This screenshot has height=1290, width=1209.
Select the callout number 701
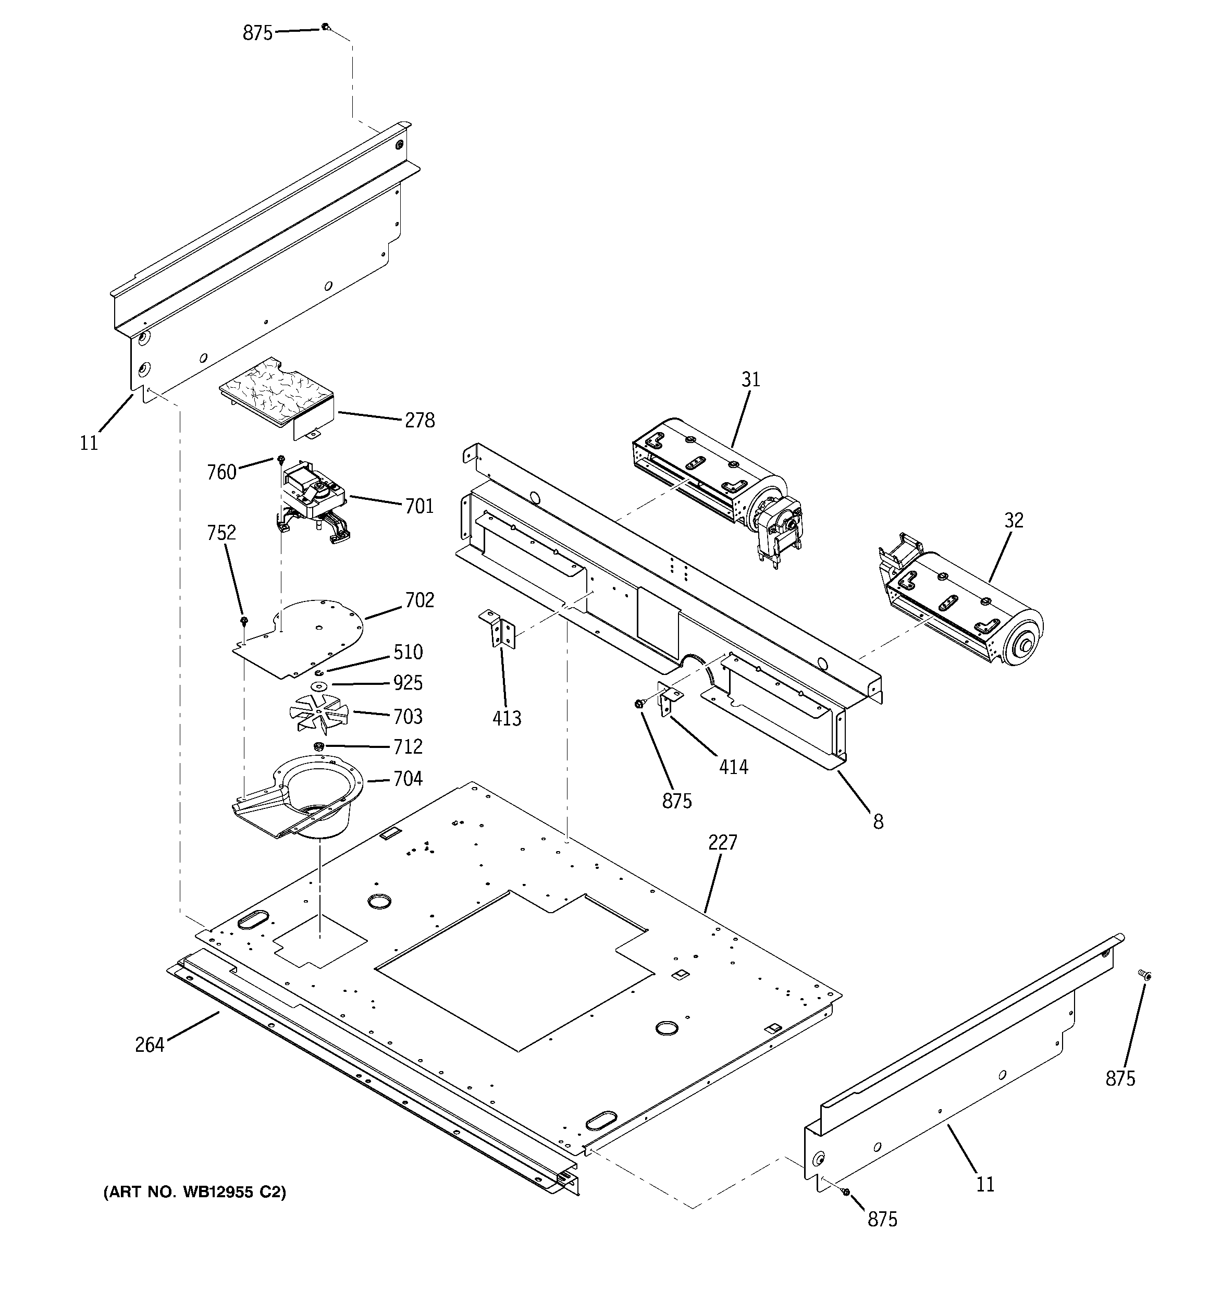tap(419, 506)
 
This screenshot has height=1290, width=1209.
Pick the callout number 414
tap(733, 767)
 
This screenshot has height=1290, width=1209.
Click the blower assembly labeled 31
tap(714, 480)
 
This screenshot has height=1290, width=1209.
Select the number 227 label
tap(722, 842)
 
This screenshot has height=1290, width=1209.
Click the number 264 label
tap(149, 1045)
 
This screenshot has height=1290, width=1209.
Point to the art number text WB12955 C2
tap(195, 1192)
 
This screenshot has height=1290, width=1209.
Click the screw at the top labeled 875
tap(326, 27)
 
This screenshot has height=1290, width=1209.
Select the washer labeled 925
tap(318, 686)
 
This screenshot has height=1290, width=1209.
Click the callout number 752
tap(221, 533)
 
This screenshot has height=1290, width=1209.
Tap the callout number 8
tap(878, 822)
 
